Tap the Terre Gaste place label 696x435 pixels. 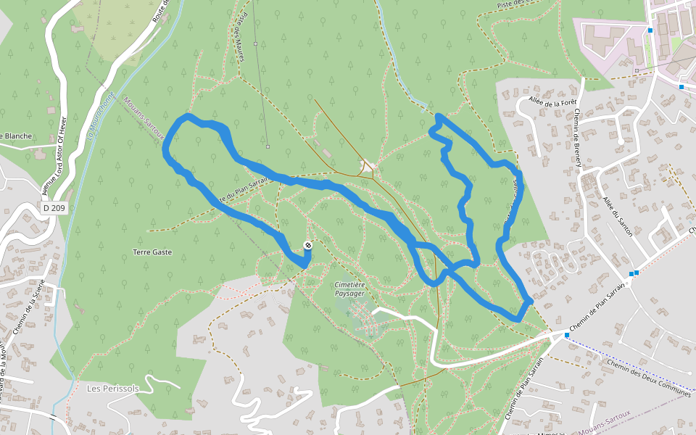coord(152,252)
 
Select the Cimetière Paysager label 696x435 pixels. coord(349,289)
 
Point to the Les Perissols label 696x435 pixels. coord(112,389)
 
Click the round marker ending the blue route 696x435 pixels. coord(308,246)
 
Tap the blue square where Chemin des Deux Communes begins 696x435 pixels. coord(567,336)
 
